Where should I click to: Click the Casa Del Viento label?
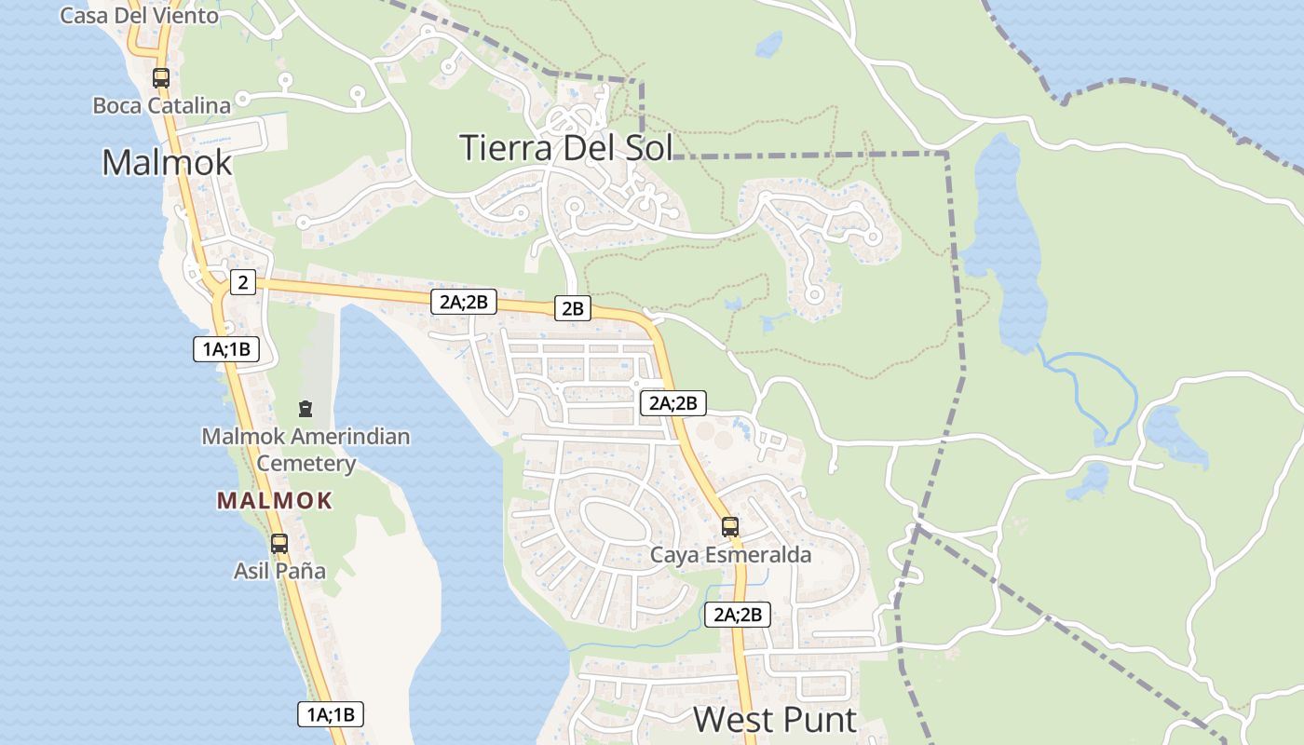point(139,15)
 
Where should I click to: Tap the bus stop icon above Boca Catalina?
point(161,78)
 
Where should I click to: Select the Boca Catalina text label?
point(161,105)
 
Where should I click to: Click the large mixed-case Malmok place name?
point(167,162)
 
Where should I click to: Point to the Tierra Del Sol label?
point(565,147)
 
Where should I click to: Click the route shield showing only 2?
point(242,281)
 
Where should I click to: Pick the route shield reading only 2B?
point(572,307)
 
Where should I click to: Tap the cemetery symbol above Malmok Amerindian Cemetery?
point(305,408)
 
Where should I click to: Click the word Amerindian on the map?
point(350,436)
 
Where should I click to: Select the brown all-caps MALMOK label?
point(275,501)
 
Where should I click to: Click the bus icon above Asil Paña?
point(278,544)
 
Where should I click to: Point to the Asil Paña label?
point(279,570)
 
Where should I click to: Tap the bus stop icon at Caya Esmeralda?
point(730,527)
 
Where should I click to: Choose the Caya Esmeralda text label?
point(730,555)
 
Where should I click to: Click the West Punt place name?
point(775,719)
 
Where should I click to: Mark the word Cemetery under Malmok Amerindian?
point(306,463)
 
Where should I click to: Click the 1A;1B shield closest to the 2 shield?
point(224,349)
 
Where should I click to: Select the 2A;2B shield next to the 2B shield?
point(463,301)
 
